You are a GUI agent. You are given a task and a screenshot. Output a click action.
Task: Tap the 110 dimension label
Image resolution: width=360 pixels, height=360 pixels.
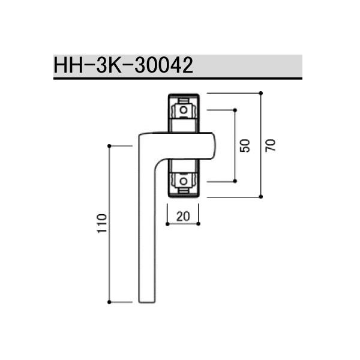pos(101,223)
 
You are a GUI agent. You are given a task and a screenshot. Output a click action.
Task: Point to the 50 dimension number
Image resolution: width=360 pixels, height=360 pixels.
pos(244,145)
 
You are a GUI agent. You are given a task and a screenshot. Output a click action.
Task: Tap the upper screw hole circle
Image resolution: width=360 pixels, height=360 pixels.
pos(183,110)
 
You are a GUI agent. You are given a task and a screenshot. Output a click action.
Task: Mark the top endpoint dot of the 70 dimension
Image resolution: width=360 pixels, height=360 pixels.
pos(261,92)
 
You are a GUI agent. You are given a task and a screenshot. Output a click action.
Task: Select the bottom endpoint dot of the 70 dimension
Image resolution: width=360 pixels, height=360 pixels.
pos(261,197)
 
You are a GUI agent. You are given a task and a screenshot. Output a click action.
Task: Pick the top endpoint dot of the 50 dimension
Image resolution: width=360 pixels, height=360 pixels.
pos(235,110)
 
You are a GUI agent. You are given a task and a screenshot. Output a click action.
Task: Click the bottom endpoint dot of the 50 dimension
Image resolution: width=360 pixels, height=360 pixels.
pos(235,180)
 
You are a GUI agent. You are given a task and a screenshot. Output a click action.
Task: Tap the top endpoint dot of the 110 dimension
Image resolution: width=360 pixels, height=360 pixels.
pos(109,146)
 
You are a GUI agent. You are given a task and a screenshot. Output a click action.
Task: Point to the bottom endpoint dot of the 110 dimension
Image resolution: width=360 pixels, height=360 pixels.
pos(109,301)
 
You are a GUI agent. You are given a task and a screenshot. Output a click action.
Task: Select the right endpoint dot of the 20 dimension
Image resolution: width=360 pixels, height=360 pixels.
pos(199,224)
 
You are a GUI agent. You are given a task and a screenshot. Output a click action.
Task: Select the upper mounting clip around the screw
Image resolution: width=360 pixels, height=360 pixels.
pos(183,112)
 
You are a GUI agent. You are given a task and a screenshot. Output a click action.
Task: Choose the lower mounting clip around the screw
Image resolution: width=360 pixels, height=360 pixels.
pos(183,180)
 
